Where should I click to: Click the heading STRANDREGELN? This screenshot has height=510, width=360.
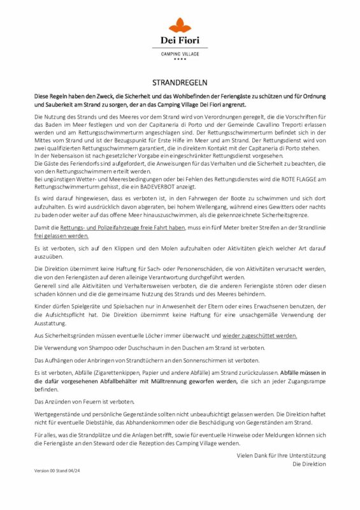pos(180,83)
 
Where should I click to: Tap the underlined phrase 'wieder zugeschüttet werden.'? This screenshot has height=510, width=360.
pos(259,335)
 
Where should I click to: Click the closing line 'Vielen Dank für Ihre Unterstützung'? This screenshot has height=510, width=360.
pos(281,455)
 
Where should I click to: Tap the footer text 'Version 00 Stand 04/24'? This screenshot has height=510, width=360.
pos(59,470)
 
